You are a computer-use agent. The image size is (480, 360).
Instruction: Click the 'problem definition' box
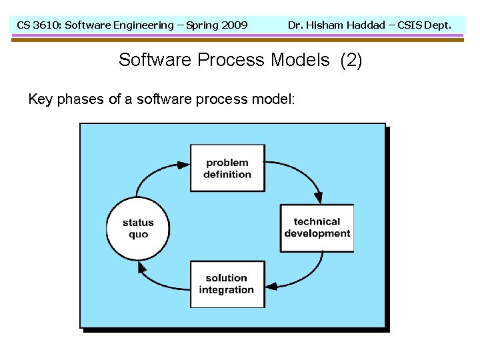tap(227, 168)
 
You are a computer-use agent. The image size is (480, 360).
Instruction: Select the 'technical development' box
tap(317, 228)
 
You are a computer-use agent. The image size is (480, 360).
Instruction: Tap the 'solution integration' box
tap(227, 284)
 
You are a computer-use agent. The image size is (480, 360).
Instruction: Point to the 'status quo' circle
tap(138, 228)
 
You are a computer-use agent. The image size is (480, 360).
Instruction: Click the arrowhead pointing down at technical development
tap(319, 197)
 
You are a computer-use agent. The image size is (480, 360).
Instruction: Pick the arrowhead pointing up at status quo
tap(141, 266)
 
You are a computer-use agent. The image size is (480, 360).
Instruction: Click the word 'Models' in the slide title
tap(300, 60)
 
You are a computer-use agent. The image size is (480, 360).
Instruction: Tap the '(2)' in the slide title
tap(351, 60)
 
